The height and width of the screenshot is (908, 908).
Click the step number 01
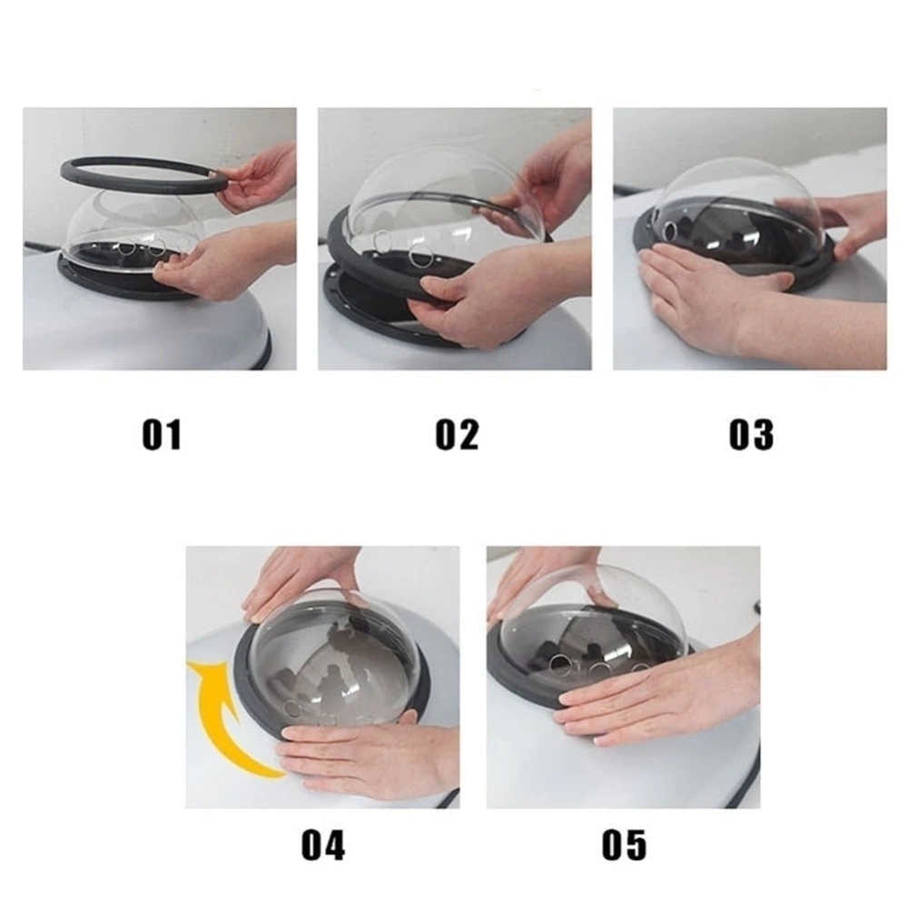pos(162,434)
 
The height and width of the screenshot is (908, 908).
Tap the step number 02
pos(457,434)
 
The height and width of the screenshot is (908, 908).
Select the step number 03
pos(751,434)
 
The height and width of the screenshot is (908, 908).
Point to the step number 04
pos(323,844)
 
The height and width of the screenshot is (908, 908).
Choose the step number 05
pos(624,844)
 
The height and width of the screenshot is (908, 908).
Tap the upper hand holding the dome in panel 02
pos(538,185)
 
